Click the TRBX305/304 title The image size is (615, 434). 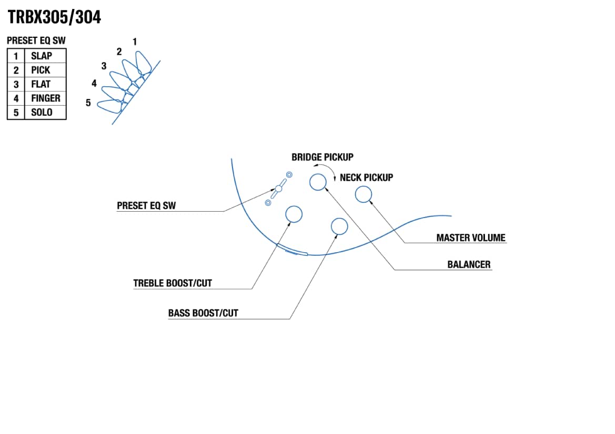coord(54,17)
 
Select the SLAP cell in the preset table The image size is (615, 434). coord(42,56)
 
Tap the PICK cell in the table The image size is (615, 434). coord(41,70)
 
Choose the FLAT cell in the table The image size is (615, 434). coord(41,84)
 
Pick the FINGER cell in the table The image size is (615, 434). coord(45,98)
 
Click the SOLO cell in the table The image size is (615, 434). coord(42,112)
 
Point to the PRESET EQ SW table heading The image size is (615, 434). coord(36,40)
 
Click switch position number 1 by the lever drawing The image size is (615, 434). coord(135,41)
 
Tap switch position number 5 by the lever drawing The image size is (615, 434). coord(88,103)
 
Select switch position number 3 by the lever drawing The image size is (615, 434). coord(104,66)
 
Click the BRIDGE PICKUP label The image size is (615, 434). coord(322,157)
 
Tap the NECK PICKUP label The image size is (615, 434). coord(366,178)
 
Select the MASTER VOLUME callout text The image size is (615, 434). coord(471,237)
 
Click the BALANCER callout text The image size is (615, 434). coord(469,264)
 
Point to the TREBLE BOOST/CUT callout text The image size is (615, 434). coord(173,283)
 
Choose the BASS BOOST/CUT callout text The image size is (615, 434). coord(203,313)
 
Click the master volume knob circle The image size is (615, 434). coord(364,194)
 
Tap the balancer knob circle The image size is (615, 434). coord(318,182)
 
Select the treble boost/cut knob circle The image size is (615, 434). coord(294,214)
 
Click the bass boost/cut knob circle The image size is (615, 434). coord(339,226)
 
